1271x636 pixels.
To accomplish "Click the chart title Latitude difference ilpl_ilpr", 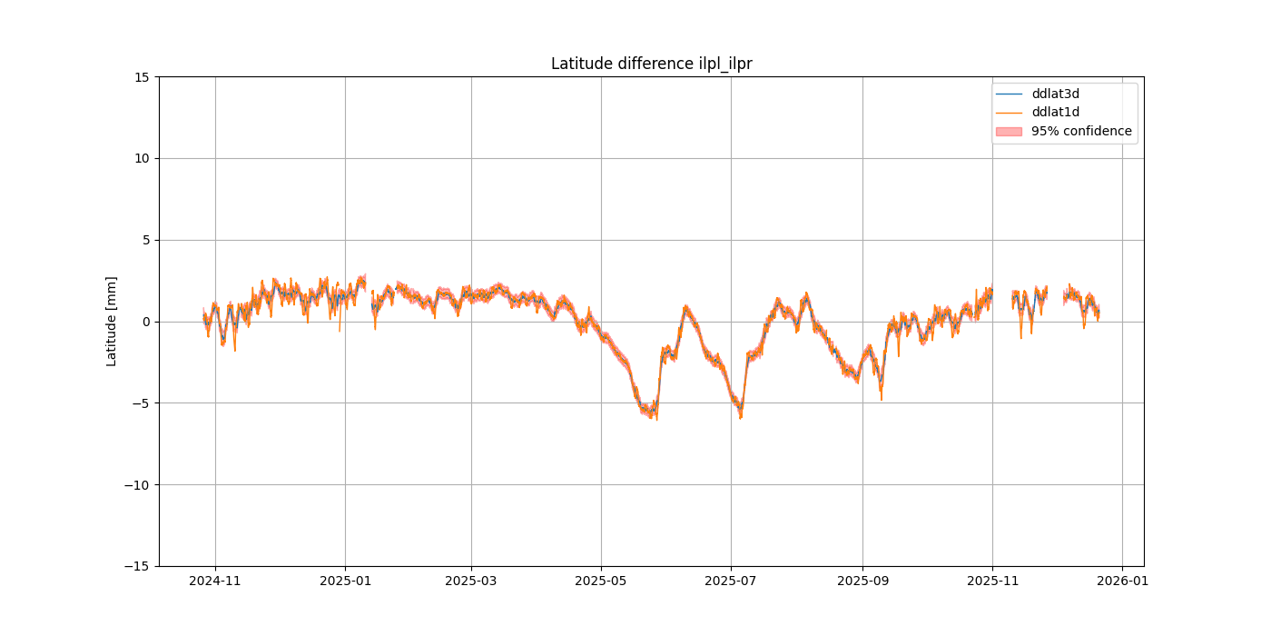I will pos(651,64).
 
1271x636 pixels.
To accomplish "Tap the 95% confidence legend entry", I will pos(1080,131).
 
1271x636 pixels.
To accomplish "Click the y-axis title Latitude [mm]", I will pos(112,321).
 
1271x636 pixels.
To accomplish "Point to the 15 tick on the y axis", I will pos(143,76).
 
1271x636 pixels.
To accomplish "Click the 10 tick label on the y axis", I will pos(143,158).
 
